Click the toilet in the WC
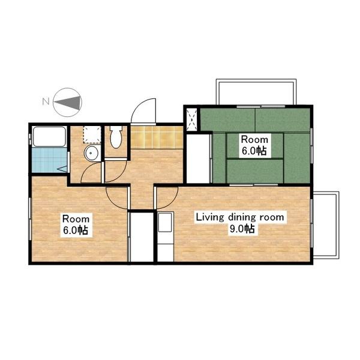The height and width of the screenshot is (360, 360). (116, 137)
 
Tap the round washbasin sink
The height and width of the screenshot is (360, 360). (91, 153)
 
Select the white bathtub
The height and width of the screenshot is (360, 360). (49, 137)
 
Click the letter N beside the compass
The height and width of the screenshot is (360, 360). (46, 101)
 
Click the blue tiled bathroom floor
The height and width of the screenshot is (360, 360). (49, 160)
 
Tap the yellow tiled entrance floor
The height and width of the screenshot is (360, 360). (157, 137)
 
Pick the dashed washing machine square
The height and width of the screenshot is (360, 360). (92, 134)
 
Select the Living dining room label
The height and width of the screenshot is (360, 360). (240, 217)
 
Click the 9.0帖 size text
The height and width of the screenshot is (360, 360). (242, 229)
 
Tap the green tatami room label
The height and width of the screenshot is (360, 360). (254, 145)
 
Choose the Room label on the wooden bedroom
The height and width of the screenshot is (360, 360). (76, 219)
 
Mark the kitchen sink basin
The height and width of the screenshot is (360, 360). (165, 223)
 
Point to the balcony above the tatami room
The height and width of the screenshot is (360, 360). (256, 92)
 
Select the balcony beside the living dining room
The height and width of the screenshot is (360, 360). (326, 225)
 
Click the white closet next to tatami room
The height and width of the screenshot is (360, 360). (199, 158)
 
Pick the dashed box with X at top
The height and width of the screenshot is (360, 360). (192, 119)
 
